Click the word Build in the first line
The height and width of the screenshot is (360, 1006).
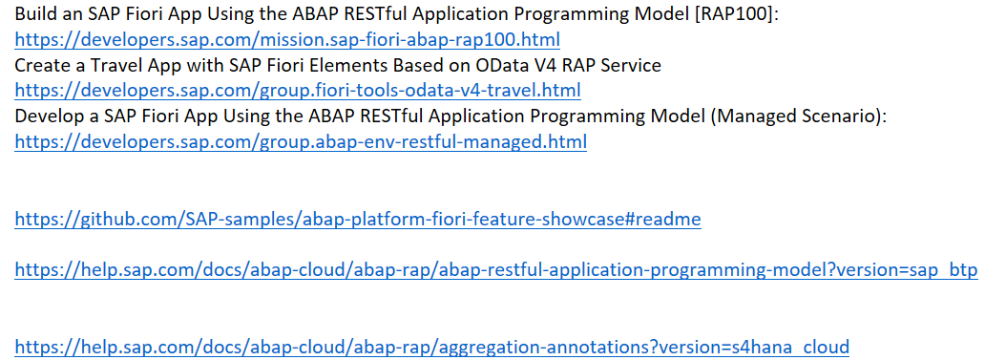[x=34, y=15]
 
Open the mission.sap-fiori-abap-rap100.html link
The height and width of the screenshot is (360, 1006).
[x=287, y=41]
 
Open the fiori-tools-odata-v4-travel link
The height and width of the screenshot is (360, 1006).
[x=298, y=92]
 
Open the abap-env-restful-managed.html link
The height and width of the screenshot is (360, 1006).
[x=301, y=142]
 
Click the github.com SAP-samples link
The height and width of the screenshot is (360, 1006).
[x=358, y=220]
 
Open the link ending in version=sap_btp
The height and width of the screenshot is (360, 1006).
[x=496, y=270]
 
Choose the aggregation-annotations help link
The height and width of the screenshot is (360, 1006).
[x=431, y=347]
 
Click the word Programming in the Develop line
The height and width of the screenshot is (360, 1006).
[x=557, y=116]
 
